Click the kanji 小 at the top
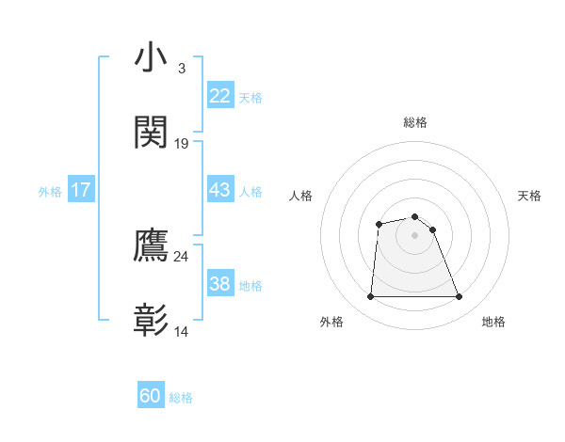coord(152,58)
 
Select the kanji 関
coord(152,133)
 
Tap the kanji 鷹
coord(152,245)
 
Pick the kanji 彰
coord(152,321)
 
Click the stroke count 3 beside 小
coord(181,69)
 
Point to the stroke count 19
coord(182,144)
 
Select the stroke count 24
coord(182,257)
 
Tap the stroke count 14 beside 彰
coord(182,332)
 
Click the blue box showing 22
coord(219,96)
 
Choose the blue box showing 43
coord(219,190)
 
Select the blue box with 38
coord(219,284)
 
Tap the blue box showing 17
coord(80,190)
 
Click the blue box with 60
coord(151,397)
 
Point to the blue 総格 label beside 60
coord(181,398)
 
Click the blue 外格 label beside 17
coord(50,191)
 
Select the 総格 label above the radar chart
coord(415,122)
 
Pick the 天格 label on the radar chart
coord(530,196)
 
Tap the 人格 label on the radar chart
coord(301,196)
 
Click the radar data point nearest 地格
coord(460,297)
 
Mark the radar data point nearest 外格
coord(370,297)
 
